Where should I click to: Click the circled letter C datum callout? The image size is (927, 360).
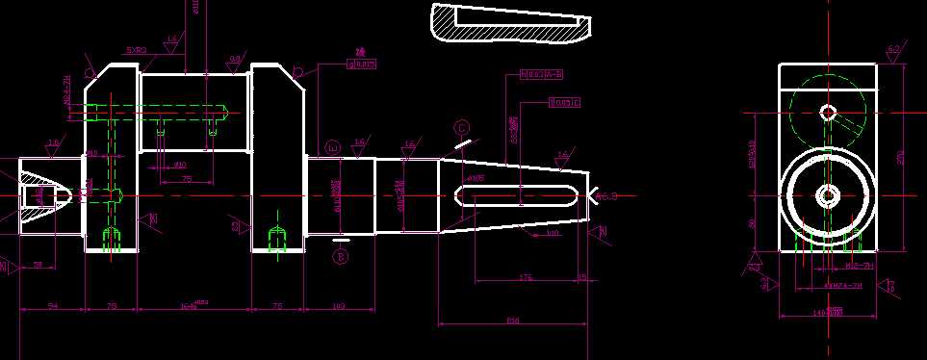pyautogui.click(x=462, y=127)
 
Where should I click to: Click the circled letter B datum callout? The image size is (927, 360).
pyautogui.click(x=340, y=256)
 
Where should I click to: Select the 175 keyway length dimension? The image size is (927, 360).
pyautogui.click(x=526, y=277)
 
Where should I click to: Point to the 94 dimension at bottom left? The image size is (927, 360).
pyautogui.click(x=53, y=306)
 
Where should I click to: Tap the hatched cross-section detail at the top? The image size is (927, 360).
pyautogui.click(x=508, y=25)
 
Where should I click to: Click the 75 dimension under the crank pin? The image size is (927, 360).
pyautogui.click(x=186, y=178)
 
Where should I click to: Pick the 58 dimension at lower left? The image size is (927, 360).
pyautogui.click(x=38, y=264)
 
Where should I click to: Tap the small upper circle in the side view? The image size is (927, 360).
pyautogui.click(x=827, y=112)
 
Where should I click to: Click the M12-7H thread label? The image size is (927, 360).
pyautogui.click(x=859, y=265)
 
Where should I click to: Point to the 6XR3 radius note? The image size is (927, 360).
pyautogui.click(x=136, y=49)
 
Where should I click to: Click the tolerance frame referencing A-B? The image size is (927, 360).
pyautogui.click(x=541, y=73)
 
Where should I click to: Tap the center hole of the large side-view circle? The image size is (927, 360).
pyautogui.click(x=827, y=196)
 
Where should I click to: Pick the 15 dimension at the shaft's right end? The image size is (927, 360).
pyautogui.click(x=582, y=277)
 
